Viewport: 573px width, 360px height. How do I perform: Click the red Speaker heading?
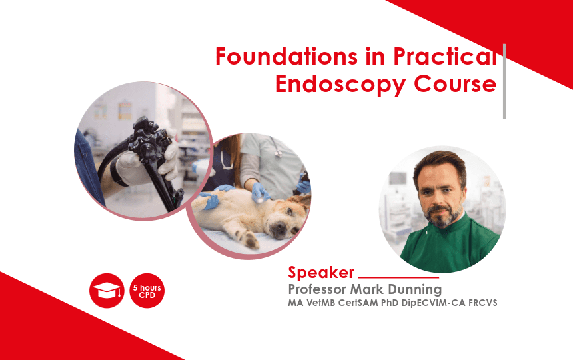tap(321, 272)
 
